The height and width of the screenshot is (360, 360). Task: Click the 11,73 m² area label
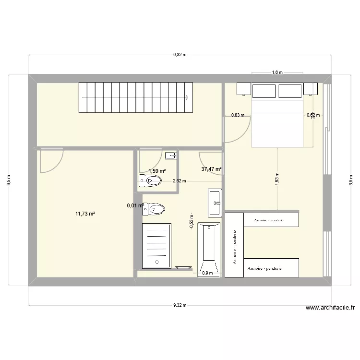(x=85, y=214)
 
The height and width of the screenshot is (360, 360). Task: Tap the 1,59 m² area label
(x=157, y=171)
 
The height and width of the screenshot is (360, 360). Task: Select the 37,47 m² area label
(x=211, y=169)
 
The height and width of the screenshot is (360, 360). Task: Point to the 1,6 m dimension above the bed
(x=277, y=73)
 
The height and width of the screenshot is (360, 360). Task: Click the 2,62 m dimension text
(x=180, y=181)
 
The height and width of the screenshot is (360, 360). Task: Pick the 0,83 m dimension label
(x=238, y=115)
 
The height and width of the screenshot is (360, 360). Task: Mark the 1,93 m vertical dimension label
(x=277, y=179)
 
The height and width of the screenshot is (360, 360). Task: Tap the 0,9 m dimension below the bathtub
(x=208, y=273)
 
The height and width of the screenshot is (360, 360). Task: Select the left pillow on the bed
(x=264, y=91)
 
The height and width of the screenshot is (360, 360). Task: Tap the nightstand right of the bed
(x=310, y=89)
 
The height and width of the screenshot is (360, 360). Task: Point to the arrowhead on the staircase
(x=185, y=97)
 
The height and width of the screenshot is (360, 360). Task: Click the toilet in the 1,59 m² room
(x=150, y=180)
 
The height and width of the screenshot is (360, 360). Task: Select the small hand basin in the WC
(x=171, y=156)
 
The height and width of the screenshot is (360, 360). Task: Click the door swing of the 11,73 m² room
(x=51, y=160)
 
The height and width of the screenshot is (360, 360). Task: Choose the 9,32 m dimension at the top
(x=180, y=55)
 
